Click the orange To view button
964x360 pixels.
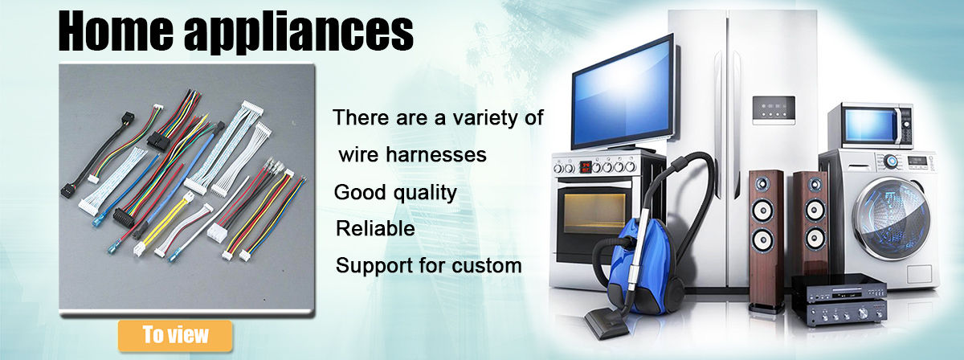pyautogui.click(x=175, y=335)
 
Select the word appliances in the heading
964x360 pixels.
pyautogui.click(x=299, y=33)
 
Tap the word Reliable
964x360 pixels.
pyautogui.click(x=375, y=229)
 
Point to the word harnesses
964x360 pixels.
pyautogui.click(x=436, y=154)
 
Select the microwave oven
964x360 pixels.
pyautogui.click(x=870, y=127)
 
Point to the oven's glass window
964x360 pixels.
pyautogui.click(x=594, y=214)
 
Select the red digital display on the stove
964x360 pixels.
pyautogui.click(x=586, y=166)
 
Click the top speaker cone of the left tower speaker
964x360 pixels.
pyautogui.click(x=762, y=184)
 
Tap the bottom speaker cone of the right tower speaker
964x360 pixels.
pyautogui.click(x=815, y=238)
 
